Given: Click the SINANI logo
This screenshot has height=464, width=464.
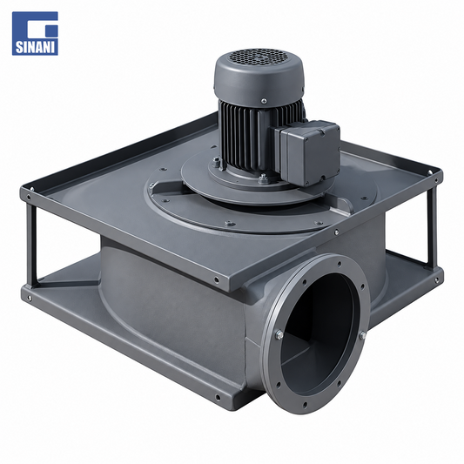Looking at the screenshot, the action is coord(35,33).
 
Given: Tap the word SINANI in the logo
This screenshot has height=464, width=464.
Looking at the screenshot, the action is coord(35,47).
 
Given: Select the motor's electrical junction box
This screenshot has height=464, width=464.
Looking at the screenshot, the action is coord(308,152).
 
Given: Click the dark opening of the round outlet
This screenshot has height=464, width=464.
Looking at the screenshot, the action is coord(317,335).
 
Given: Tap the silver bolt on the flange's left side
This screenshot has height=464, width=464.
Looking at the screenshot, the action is coord(279,334).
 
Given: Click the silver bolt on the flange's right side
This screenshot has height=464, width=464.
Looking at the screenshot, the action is coord(363,335).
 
